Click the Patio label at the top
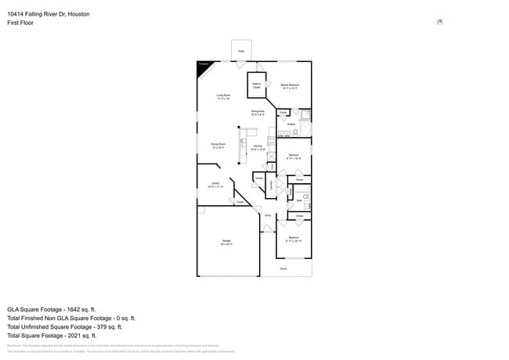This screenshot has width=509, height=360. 241,49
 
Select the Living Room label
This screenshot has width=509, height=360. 223,96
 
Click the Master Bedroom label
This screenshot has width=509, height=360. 290,85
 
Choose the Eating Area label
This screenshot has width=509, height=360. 258,113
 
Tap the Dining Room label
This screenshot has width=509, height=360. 218,145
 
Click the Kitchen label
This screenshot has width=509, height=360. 258,147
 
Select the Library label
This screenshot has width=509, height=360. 215,185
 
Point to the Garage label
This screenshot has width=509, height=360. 226,243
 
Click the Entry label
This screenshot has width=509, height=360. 268,215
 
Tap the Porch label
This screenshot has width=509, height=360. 283,269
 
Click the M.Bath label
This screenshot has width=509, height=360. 291,124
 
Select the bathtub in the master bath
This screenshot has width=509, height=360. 306,130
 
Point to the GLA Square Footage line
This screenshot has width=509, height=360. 60,309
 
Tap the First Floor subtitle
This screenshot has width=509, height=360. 20,23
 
